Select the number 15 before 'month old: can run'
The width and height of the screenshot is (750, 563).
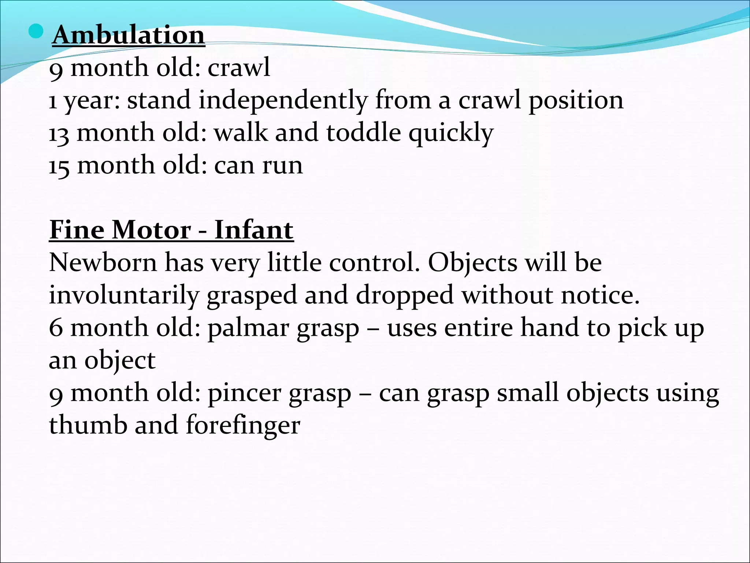[59, 166]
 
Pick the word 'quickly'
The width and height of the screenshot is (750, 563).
[451, 133]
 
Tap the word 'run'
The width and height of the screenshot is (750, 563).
[282, 166]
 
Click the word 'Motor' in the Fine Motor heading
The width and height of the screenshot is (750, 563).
[151, 230]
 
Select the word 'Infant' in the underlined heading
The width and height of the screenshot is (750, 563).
[254, 230]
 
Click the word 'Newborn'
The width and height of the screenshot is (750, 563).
[103, 263]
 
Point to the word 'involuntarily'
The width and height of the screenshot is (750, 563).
[124, 295]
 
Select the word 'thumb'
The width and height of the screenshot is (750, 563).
[88, 425]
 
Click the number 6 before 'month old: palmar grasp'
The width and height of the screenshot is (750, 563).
[56, 328]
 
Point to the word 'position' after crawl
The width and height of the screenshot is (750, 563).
[576, 100]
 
